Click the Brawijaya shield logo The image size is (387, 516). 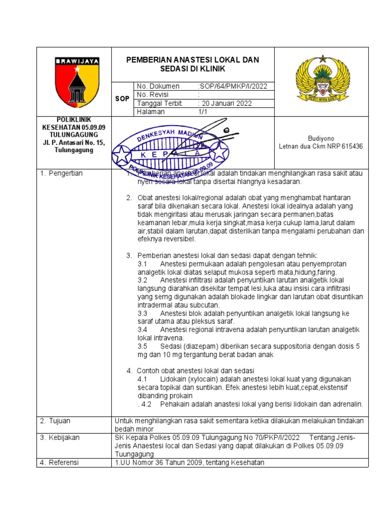pyautogui.click(x=77, y=80)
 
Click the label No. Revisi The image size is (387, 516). pyautogui.click(x=153, y=95)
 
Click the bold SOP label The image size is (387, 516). pyautogui.click(x=122, y=99)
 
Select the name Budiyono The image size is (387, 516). pyautogui.click(x=320, y=138)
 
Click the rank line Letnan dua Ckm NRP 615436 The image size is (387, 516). pyautogui.click(x=320, y=147)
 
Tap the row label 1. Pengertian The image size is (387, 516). pyautogui.click(x=61, y=173)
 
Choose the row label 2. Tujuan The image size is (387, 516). pyautogui.click(x=55, y=421)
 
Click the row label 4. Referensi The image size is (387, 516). pyautogui.click(x=59, y=463)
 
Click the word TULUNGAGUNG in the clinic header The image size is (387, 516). pyautogui.click(x=71, y=136)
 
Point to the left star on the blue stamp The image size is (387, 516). pyautogui.click(x=122, y=154)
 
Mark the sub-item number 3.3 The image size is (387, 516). pyautogui.click(x=142, y=313)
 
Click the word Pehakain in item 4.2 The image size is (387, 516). pyautogui.click(x=174, y=404)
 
